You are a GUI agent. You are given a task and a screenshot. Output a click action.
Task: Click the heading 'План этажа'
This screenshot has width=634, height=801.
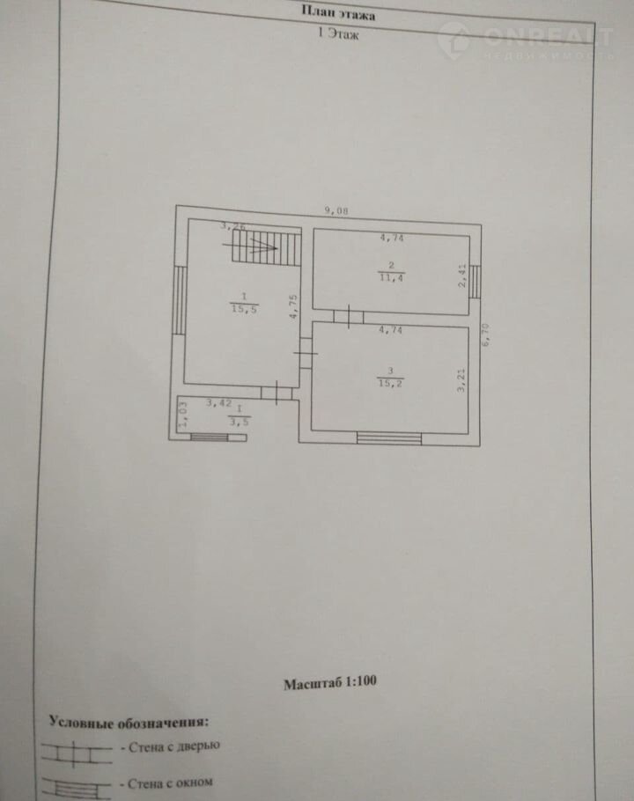point(338,12)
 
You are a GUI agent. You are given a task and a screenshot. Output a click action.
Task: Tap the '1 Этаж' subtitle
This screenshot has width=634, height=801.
point(338,33)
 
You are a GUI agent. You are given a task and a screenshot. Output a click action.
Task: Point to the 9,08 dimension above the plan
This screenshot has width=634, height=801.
point(336,210)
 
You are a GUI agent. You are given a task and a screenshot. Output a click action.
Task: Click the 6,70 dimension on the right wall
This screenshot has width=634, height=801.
point(485,335)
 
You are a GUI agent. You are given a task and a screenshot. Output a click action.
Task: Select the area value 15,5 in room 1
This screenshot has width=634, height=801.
point(244,309)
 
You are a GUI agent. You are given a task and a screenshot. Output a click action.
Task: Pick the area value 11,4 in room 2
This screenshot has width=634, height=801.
point(391,278)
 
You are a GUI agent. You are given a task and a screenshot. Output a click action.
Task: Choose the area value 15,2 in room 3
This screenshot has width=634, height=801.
point(390,384)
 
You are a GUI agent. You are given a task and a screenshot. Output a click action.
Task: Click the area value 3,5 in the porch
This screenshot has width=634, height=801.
point(239,422)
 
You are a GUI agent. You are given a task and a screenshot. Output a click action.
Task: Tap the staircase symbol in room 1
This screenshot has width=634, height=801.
point(266,246)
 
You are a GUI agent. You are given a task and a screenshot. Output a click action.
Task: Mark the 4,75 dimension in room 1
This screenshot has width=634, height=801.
point(293,306)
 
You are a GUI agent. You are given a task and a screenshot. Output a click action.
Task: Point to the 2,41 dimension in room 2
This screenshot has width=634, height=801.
point(463,276)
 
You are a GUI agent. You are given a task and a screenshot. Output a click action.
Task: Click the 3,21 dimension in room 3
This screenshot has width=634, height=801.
point(461,379)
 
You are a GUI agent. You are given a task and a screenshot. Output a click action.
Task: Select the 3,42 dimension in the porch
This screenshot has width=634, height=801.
point(218,403)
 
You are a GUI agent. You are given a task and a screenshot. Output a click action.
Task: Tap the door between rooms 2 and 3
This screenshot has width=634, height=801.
point(349,317)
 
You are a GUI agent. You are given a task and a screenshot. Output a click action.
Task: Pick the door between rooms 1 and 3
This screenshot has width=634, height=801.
point(306,353)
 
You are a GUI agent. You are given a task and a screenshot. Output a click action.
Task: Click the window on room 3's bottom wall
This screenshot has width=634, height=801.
point(389,438)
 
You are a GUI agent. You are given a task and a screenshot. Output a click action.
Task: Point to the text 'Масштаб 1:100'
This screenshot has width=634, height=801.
point(330,682)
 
